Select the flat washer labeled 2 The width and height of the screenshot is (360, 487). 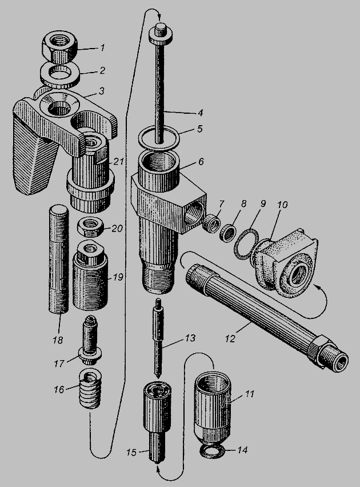[60, 76]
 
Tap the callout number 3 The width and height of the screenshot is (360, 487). [101, 91]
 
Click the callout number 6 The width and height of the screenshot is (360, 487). [201, 162]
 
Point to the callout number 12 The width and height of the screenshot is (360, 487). [230, 338]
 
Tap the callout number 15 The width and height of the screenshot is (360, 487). [131, 452]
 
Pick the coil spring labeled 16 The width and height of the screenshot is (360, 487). [90, 388]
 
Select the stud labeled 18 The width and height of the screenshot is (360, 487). [58, 258]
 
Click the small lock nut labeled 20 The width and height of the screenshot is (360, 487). [90, 227]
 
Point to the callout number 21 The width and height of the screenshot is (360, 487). [118, 162]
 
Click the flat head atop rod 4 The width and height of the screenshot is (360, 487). [160, 34]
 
